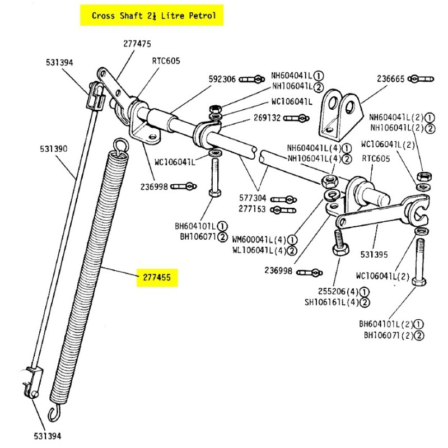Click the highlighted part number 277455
coord(157,277)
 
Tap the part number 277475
coord(137,44)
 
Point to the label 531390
coord(54,149)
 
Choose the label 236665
coord(390,79)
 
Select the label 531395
coord(374,254)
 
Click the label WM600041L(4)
coord(259,239)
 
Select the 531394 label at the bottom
coord(46,435)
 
